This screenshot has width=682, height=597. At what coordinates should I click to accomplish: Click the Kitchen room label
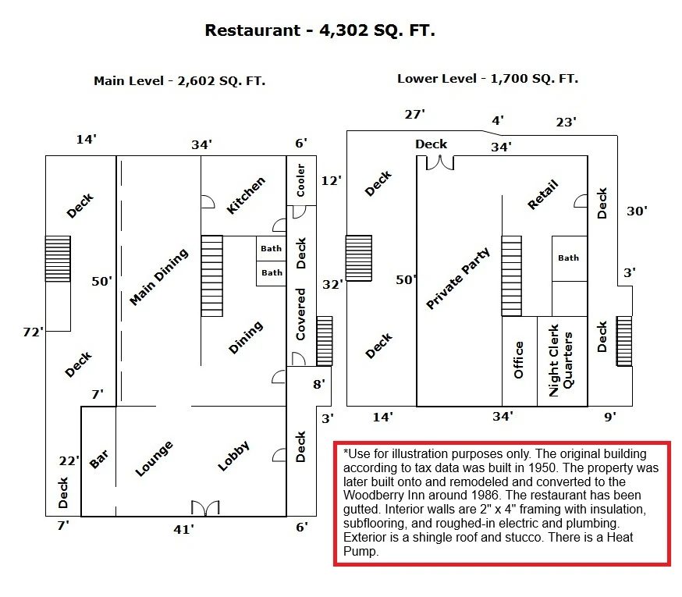[x=246, y=195]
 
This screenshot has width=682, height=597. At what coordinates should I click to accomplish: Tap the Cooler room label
[x=300, y=180]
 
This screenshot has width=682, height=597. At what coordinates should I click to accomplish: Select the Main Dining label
[x=159, y=277]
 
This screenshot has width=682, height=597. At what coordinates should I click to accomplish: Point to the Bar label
[x=99, y=459]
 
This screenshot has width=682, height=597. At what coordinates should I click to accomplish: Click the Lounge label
[x=154, y=458]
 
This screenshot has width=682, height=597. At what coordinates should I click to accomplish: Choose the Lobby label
[x=233, y=456]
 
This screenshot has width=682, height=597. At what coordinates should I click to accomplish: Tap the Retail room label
[x=543, y=194]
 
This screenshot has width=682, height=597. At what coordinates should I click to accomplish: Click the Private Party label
[x=458, y=279]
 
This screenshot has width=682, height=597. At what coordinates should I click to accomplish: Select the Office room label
[x=518, y=360]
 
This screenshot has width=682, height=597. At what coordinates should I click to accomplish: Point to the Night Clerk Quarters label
[x=561, y=361]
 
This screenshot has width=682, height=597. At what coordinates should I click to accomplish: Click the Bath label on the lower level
[x=569, y=258]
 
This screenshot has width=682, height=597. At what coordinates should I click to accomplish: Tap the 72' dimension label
[x=34, y=332]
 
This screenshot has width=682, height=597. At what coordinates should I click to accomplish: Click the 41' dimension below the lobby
[x=184, y=530]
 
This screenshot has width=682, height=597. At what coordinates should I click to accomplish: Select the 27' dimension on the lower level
[x=415, y=115]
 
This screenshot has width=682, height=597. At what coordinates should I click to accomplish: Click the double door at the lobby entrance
[x=205, y=508]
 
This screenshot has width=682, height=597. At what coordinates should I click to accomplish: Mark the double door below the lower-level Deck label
[x=440, y=163]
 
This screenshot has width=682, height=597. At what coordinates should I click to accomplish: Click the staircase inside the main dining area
[x=211, y=276]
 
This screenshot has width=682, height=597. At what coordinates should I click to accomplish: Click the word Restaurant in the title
[x=253, y=30]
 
